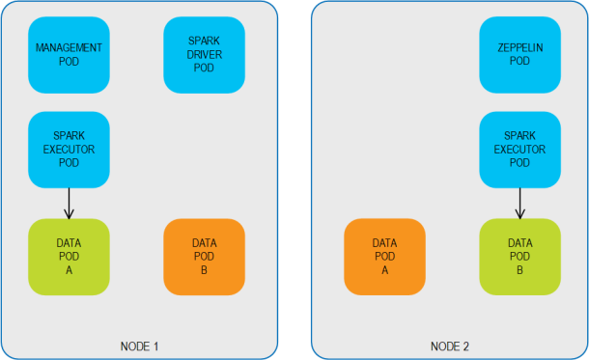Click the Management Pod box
coord(69,55)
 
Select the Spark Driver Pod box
coord(204,55)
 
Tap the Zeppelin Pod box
coord(519,55)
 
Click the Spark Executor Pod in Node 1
coord(69,149)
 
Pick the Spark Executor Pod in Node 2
coord(519,149)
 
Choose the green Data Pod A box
coord(69,257)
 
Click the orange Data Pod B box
coord(204,257)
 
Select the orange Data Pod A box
coord(384,257)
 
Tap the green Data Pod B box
coord(519,257)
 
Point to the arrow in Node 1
coord(69,203)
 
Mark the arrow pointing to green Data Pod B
coord(519,203)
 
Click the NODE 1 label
coord(138,346)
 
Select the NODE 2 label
coord(450,346)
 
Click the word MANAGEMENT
coord(69,47)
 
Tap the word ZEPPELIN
coord(519,47)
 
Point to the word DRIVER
coord(204,55)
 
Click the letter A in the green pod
coord(69,270)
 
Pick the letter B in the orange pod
coord(204,270)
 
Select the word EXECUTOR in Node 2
coord(519,150)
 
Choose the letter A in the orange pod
coord(384,270)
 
